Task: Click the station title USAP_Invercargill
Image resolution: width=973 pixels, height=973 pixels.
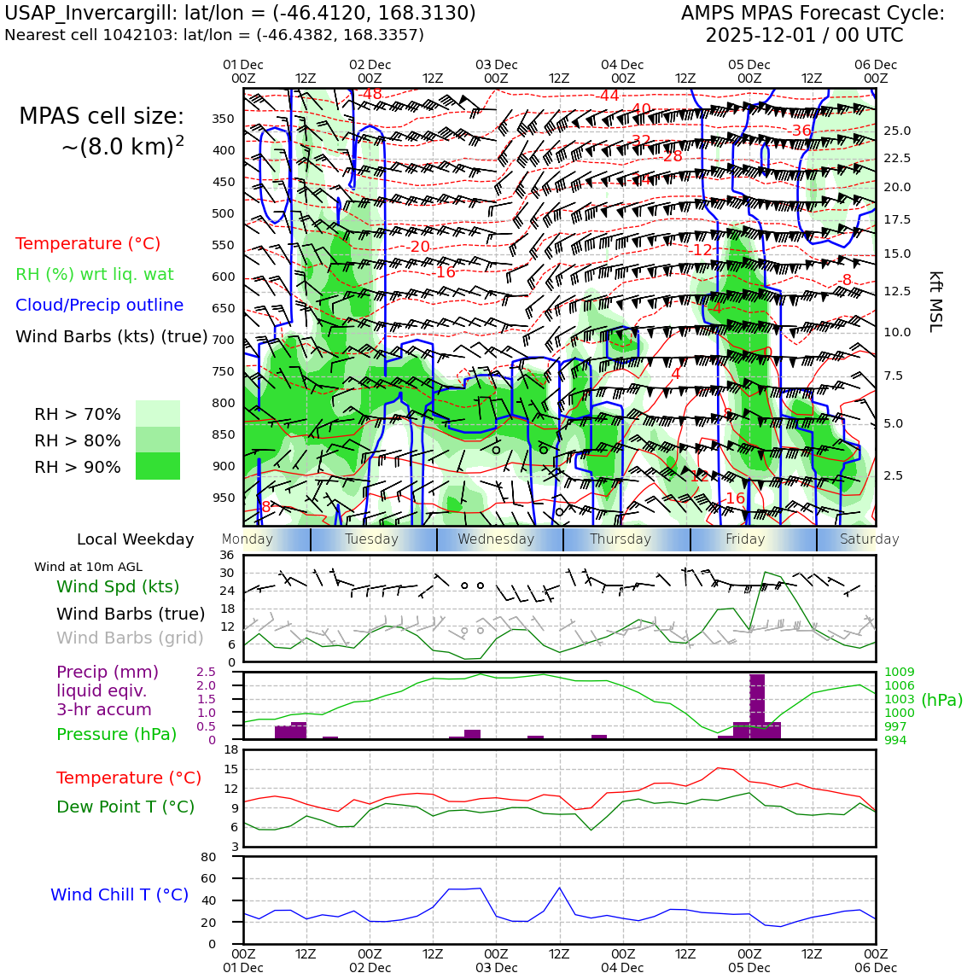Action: click(97, 14)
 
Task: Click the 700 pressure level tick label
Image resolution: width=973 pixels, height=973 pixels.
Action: click(224, 340)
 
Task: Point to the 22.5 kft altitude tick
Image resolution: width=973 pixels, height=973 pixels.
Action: click(896, 158)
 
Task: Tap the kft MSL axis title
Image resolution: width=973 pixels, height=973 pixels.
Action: click(935, 301)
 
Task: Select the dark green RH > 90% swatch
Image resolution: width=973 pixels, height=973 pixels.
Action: click(158, 466)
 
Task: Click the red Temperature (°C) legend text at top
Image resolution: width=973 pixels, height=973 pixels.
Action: click(88, 243)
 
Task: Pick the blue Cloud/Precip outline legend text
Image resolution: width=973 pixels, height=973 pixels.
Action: click(99, 305)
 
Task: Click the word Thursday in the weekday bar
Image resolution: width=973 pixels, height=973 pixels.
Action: click(621, 539)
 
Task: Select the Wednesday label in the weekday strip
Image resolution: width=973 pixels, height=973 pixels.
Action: click(496, 539)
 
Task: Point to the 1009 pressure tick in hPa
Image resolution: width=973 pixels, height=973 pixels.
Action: click(900, 673)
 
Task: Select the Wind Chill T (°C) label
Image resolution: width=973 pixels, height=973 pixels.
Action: click(119, 894)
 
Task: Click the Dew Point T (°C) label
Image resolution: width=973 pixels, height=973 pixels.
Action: click(125, 807)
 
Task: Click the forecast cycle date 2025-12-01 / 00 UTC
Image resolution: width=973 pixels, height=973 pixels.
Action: click(804, 36)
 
